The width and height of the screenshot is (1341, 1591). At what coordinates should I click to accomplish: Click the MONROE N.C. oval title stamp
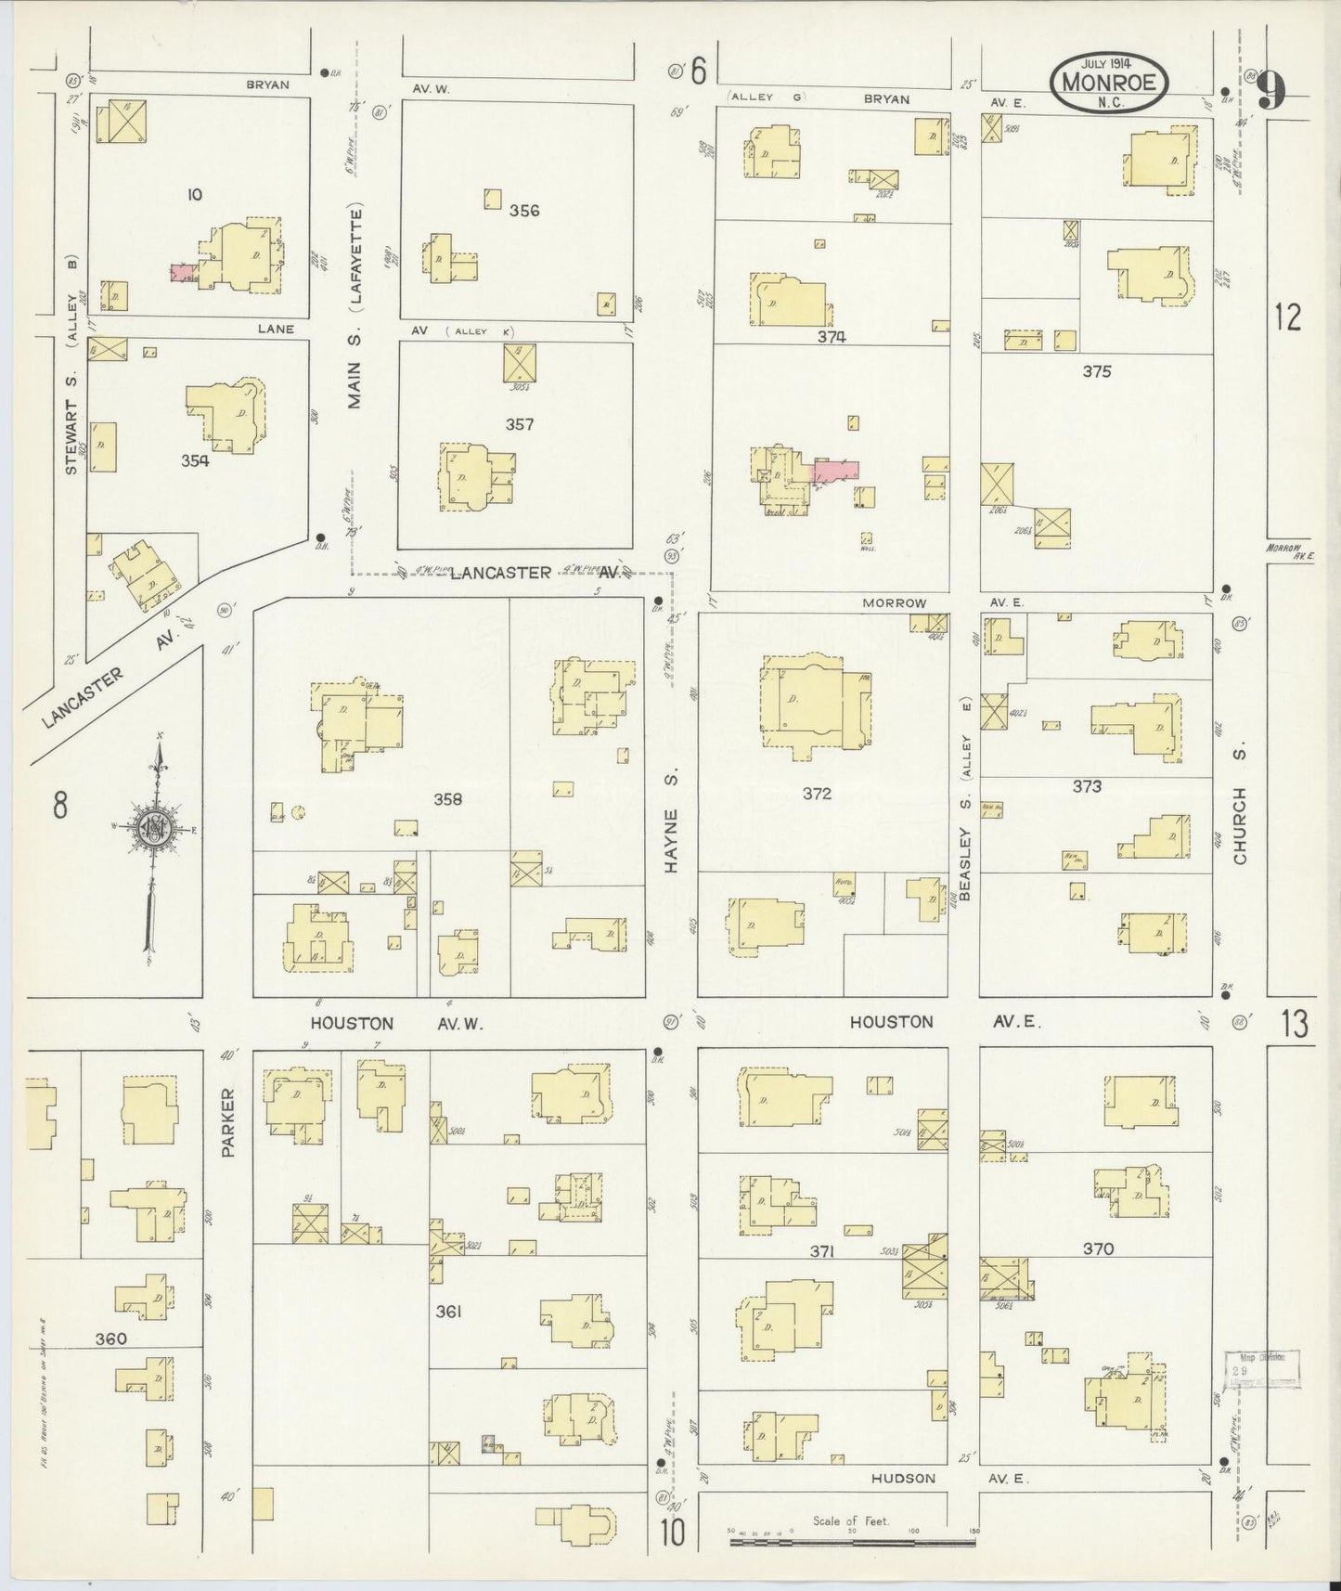[x=1109, y=84]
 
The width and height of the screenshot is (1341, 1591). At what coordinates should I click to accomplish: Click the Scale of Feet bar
[x=852, y=1542]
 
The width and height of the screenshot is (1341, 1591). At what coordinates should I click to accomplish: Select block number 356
[x=524, y=211]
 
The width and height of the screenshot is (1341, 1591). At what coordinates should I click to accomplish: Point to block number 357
[x=520, y=424]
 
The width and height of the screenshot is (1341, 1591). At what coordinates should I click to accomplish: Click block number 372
[x=818, y=794]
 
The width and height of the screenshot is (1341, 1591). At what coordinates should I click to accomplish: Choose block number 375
[x=1096, y=371]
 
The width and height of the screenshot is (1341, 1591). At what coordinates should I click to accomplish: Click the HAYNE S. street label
[x=672, y=839]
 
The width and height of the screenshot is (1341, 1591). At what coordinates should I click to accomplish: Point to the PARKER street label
[x=228, y=1122]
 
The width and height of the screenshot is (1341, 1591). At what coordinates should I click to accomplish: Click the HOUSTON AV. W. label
[x=380, y=1023]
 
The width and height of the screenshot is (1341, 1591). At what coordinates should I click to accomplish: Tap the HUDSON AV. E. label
[x=937, y=1479]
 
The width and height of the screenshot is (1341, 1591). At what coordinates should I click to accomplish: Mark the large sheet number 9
[x=1273, y=91]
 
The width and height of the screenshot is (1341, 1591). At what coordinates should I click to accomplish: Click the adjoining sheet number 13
[x=1295, y=1025]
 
